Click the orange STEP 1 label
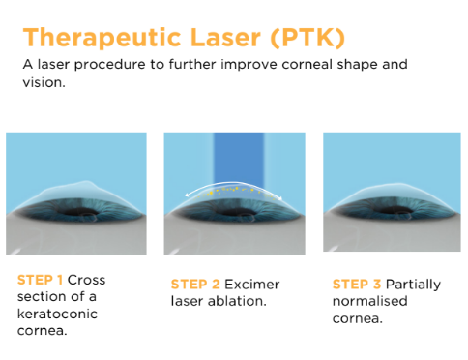click(40, 280)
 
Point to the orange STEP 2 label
click(194, 285)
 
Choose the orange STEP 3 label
click(356, 285)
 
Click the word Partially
click(415, 285)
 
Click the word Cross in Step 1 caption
click(85, 280)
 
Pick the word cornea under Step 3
click(358, 319)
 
